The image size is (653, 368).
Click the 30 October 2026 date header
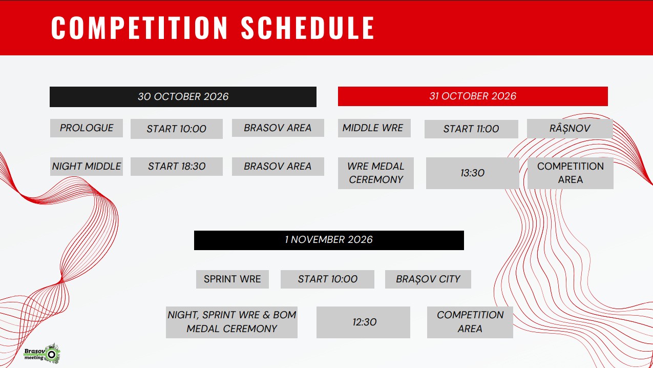click(x=183, y=96)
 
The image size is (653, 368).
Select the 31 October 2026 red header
click(x=473, y=96)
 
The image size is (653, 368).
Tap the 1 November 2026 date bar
click(x=329, y=240)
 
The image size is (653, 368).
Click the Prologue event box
click(x=86, y=128)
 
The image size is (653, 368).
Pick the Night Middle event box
click(x=86, y=167)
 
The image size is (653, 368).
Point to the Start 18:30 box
click(x=177, y=167)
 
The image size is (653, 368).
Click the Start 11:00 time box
click(x=471, y=129)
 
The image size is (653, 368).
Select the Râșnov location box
click(x=570, y=129)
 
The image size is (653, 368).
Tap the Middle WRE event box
click(x=374, y=128)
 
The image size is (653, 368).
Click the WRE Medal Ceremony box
click(x=376, y=173)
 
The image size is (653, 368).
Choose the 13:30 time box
click(x=473, y=173)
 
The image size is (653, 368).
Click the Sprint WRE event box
click(x=233, y=279)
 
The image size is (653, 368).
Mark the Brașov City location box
click(x=428, y=279)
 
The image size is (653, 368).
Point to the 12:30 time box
click(x=363, y=322)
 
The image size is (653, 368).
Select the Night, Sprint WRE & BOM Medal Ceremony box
click(x=232, y=322)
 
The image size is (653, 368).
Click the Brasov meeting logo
click(x=42, y=354)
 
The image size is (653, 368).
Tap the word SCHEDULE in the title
click(x=308, y=28)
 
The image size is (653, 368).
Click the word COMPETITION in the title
click(x=139, y=28)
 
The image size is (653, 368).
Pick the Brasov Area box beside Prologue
click(x=278, y=128)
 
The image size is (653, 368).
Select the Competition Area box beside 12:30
click(x=470, y=322)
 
